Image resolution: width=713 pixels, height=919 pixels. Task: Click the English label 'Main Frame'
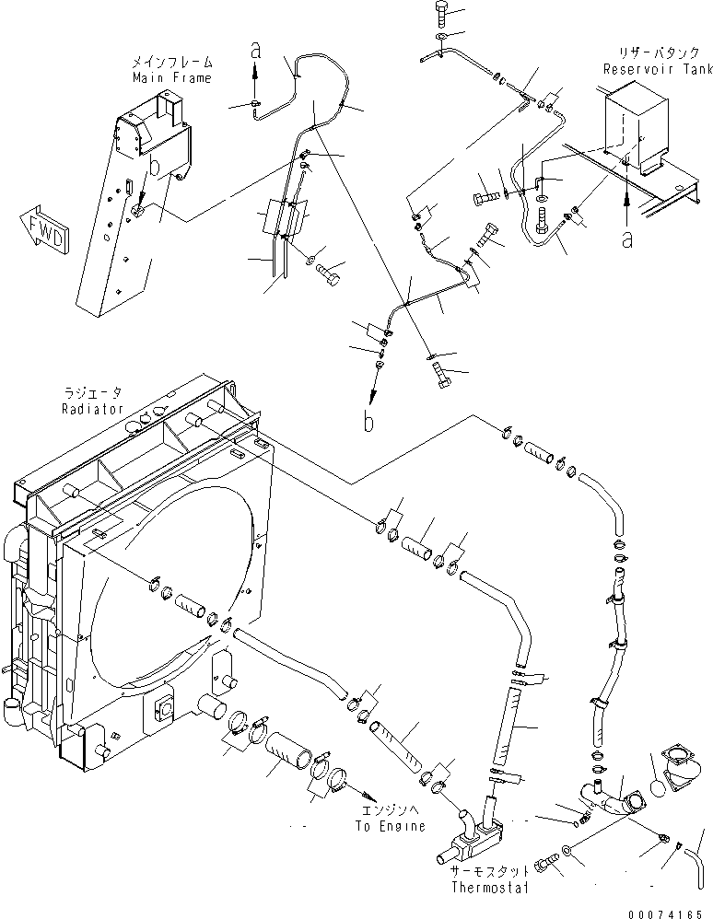pyautogui.click(x=170, y=78)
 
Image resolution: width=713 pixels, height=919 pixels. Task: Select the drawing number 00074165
pyautogui.click(x=668, y=909)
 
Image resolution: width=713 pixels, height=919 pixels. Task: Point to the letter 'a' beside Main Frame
pyautogui.click(x=257, y=52)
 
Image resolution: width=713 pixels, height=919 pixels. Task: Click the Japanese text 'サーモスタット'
pyautogui.click(x=490, y=870)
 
